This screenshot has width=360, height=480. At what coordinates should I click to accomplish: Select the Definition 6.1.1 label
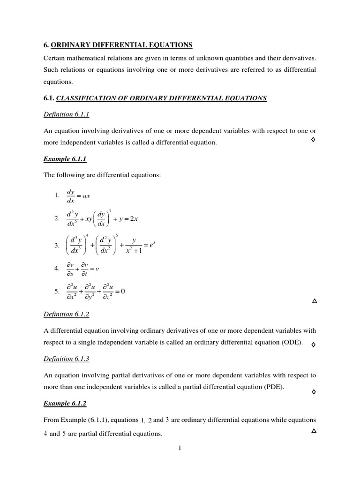66,114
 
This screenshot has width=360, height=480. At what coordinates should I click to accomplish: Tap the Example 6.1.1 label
65,159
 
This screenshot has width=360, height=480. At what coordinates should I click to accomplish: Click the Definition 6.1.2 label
66,314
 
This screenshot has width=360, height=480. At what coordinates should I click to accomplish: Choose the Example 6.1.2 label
65,403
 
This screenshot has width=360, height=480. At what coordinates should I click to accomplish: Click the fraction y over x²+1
134,245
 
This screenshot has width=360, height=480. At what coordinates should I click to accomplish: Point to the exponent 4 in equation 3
87,235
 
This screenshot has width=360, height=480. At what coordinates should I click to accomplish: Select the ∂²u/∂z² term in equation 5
106,292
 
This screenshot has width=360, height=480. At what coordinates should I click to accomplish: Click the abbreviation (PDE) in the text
274,387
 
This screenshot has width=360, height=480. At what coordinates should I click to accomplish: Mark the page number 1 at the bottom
180,448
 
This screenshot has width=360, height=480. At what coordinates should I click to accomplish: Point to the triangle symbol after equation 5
314,301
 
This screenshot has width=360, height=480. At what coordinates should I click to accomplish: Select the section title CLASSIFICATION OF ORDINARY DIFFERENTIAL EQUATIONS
161,98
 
